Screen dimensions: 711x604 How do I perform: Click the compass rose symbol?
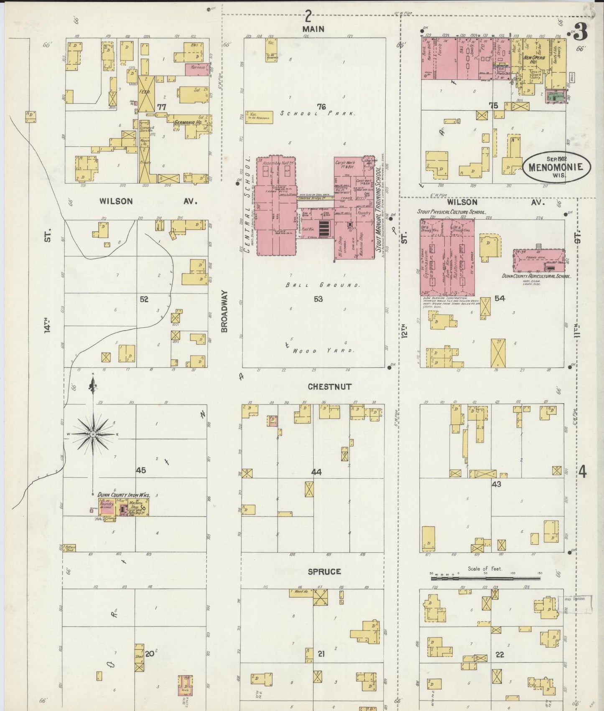click(x=93, y=434)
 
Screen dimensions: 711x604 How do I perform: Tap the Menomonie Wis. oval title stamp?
click(x=557, y=167)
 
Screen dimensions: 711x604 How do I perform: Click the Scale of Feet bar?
click(x=485, y=579)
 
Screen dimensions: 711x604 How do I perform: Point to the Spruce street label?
click(x=324, y=571)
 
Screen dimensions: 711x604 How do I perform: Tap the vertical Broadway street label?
click(x=224, y=312)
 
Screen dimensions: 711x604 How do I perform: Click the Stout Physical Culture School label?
click(x=452, y=212)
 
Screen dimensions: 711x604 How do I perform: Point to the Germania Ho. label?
click(x=188, y=123)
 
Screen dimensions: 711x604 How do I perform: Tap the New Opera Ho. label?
click(x=536, y=59)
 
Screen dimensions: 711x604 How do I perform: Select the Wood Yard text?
click(x=323, y=351)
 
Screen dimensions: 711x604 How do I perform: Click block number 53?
click(x=318, y=299)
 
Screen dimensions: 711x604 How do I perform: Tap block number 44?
click(x=316, y=472)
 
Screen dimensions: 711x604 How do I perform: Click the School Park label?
click(x=318, y=113)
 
